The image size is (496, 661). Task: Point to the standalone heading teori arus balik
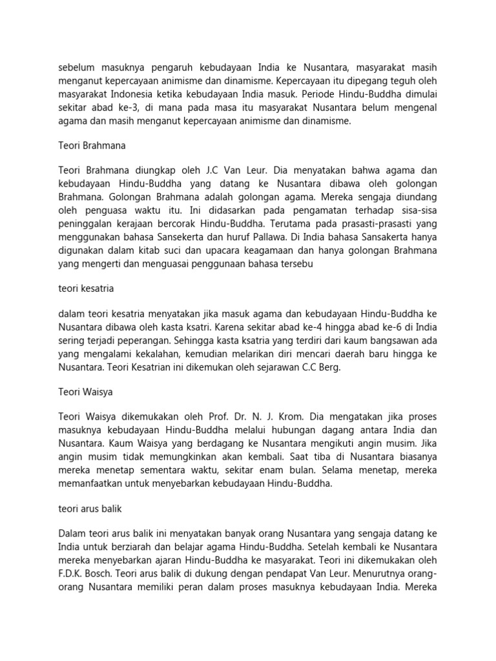pos(90,509)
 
